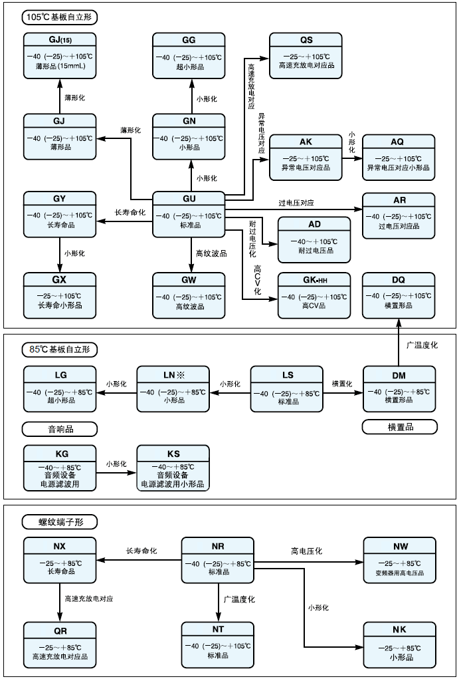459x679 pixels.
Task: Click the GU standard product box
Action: click(x=189, y=214)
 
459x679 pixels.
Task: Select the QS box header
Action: click(x=306, y=40)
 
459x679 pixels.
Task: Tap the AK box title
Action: click(x=306, y=142)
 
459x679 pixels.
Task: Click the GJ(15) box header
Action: click(x=60, y=40)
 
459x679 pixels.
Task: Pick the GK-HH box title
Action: click(x=314, y=281)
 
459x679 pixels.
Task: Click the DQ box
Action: click(x=399, y=294)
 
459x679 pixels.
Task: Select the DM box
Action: click(x=399, y=388)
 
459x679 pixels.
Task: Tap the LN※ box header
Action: click(x=173, y=375)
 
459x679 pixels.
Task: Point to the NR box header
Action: click(x=217, y=547)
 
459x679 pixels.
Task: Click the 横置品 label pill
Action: click(x=399, y=427)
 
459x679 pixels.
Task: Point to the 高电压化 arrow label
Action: click(x=306, y=551)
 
